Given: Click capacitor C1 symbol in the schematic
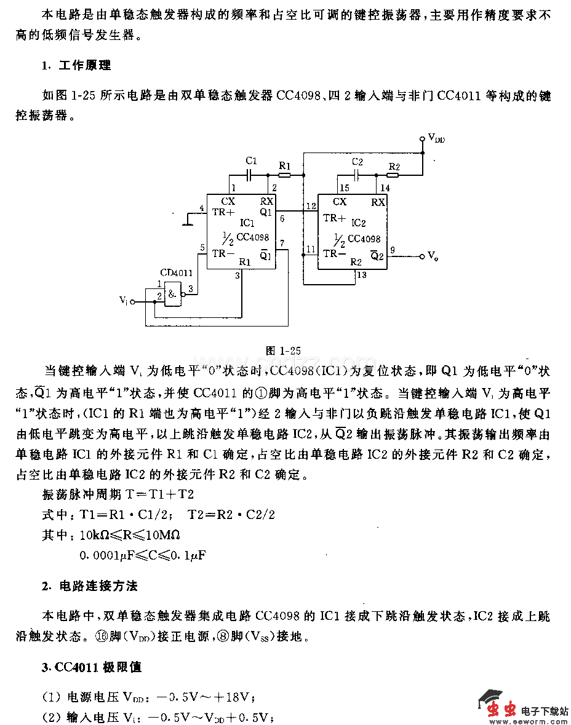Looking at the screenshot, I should pos(250,175).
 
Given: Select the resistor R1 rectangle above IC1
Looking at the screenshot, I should pos(284,175).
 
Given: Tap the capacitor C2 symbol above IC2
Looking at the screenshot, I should pos(356,175).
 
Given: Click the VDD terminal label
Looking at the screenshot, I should pos(436,139).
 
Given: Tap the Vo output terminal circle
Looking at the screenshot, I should pos(422,256).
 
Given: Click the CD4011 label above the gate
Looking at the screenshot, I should pos(176,272).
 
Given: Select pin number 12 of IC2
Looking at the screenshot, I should pos(311,205).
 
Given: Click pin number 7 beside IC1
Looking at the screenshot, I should pos(282,244).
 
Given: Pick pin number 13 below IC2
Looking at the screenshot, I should pos(361,275).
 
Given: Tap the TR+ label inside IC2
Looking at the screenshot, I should pos(334,218).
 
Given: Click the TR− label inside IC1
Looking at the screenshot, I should pos(223,253).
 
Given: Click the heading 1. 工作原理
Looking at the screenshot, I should pos(77,65).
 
